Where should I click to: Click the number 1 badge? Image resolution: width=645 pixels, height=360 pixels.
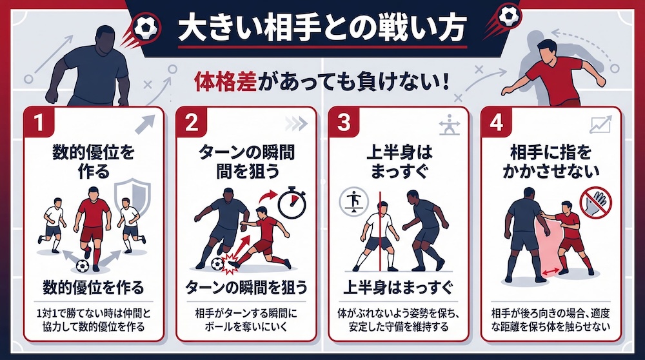click(x=39, y=122)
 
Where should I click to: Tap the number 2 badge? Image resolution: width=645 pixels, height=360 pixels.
click(x=192, y=122)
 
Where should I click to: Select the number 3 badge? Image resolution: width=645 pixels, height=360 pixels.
click(x=344, y=122)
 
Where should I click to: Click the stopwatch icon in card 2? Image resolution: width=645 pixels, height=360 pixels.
click(x=292, y=201)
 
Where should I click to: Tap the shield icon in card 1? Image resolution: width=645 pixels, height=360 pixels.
click(x=132, y=197)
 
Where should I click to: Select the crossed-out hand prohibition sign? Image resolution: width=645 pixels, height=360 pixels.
click(x=595, y=202)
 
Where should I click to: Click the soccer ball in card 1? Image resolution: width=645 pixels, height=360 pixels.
click(x=83, y=266)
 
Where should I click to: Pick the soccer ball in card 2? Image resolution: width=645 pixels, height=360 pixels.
click(x=217, y=264)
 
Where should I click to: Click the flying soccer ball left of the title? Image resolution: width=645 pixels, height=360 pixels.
click(x=146, y=28)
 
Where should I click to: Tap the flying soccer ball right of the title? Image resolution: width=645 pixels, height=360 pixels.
click(x=510, y=16)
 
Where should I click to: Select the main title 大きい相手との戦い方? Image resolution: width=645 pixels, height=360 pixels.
click(x=322, y=29)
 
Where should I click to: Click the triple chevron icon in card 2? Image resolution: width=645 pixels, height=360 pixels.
click(x=297, y=124)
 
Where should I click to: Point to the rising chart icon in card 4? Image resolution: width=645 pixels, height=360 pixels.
click(x=601, y=125)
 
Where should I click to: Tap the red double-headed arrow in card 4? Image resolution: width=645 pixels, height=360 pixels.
click(x=550, y=271)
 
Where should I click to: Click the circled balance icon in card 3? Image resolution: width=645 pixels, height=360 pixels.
click(x=353, y=203)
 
